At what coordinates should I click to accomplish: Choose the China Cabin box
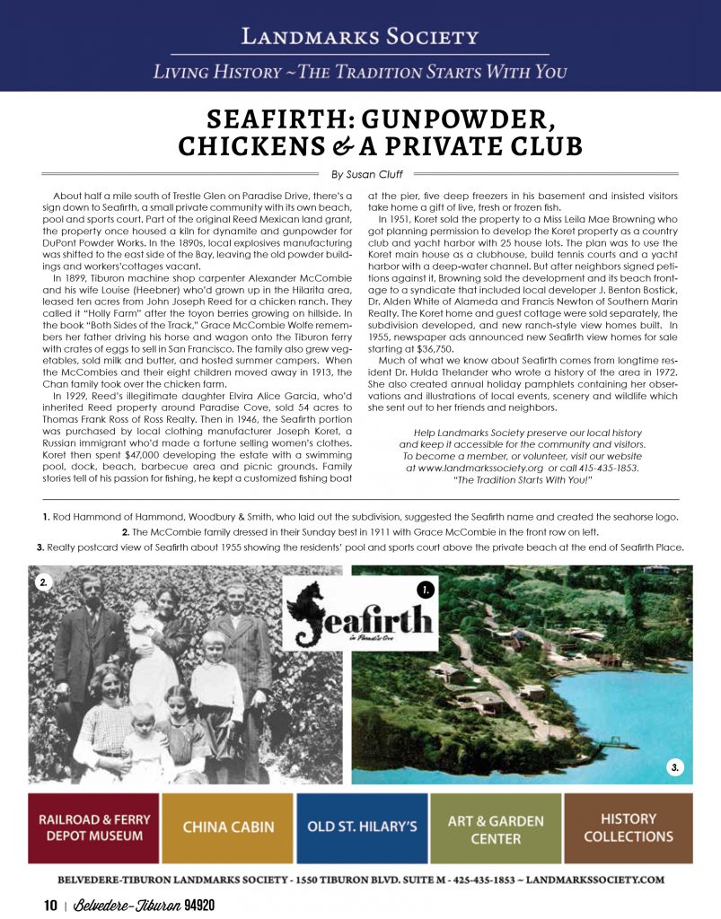[228, 827]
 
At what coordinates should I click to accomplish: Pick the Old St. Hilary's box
[361, 827]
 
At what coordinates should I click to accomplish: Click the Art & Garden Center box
[495, 827]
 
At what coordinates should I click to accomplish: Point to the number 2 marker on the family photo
[42, 582]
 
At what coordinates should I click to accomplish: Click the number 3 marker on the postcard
[677, 766]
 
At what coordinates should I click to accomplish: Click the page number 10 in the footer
[51, 905]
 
